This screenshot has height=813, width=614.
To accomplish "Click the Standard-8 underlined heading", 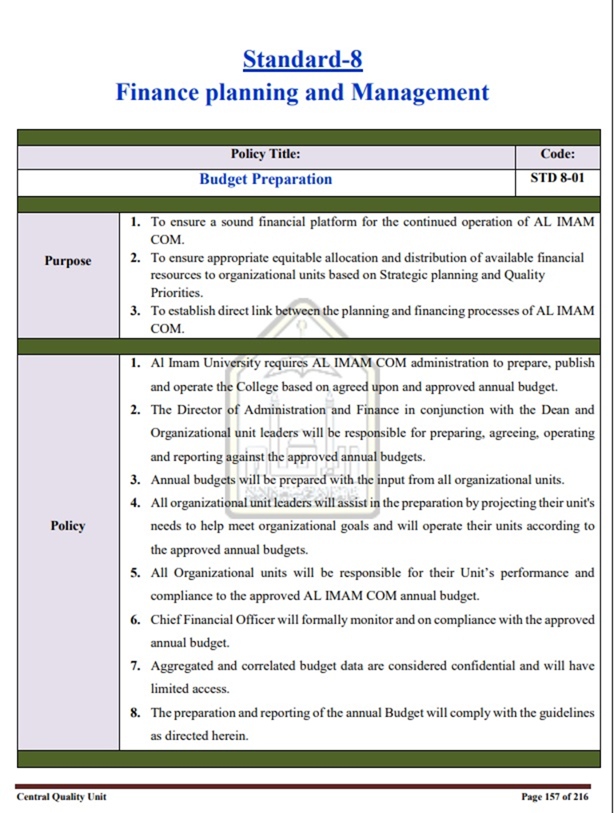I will pyautogui.click(x=302, y=59).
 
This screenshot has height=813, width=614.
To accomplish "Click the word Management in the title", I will pyautogui.click(x=420, y=92).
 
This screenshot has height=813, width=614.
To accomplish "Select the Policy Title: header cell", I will pyautogui.click(x=265, y=155).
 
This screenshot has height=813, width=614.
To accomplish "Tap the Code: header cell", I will pyautogui.click(x=557, y=155).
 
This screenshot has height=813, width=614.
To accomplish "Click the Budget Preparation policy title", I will pyautogui.click(x=265, y=179).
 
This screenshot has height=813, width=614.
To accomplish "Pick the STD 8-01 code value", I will pyautogui.click(x=557, y=178).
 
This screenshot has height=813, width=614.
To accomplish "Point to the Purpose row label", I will pyautogui.click(x=68, y=261).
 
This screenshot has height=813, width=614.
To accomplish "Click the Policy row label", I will pyautogui.click(x=68, y=526).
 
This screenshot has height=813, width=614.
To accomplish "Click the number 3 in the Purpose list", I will pyautogui.click(x=135, y=311).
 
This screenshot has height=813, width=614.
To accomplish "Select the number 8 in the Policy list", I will pyautogui.click(x=135, y=713).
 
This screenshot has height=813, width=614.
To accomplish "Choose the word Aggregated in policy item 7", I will pyautogui.click(x=183, y=666).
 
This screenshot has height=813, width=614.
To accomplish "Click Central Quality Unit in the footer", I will pyautogui.click(x=61, y=796).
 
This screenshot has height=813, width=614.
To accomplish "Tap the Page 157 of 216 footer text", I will pyautogui.click(x=554, y=796).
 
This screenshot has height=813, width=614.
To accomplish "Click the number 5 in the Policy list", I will pyautogui.click(x=135, y=573).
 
